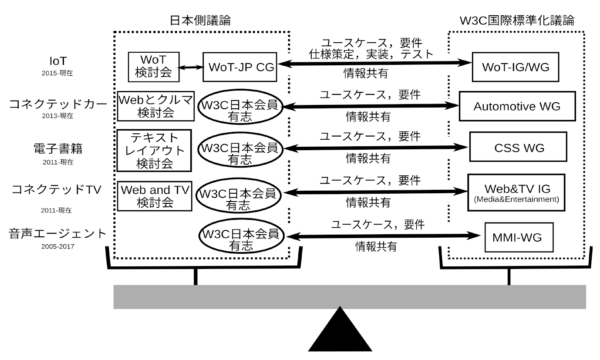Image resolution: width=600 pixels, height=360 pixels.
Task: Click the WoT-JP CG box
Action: pos(240,67)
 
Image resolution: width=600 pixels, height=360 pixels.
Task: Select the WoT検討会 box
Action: pos(154,67)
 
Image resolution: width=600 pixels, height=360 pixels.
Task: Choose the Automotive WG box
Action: pos(517,106)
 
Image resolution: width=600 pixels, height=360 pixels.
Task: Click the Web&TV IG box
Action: pos(516,193)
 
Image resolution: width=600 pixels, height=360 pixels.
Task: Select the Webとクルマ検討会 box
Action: pos(155,106)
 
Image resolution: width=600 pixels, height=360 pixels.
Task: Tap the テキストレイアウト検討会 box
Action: pos(154,150)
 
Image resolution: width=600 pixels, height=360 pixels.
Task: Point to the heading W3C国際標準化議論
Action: pos(516,20)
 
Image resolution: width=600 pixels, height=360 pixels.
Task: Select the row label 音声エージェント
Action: pos(57,234)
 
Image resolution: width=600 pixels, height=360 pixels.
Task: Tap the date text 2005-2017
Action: pos(57,246)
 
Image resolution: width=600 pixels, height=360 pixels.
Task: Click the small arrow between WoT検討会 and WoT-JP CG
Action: pos(191,67)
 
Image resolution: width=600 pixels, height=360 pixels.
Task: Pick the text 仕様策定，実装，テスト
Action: pos(372,54)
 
